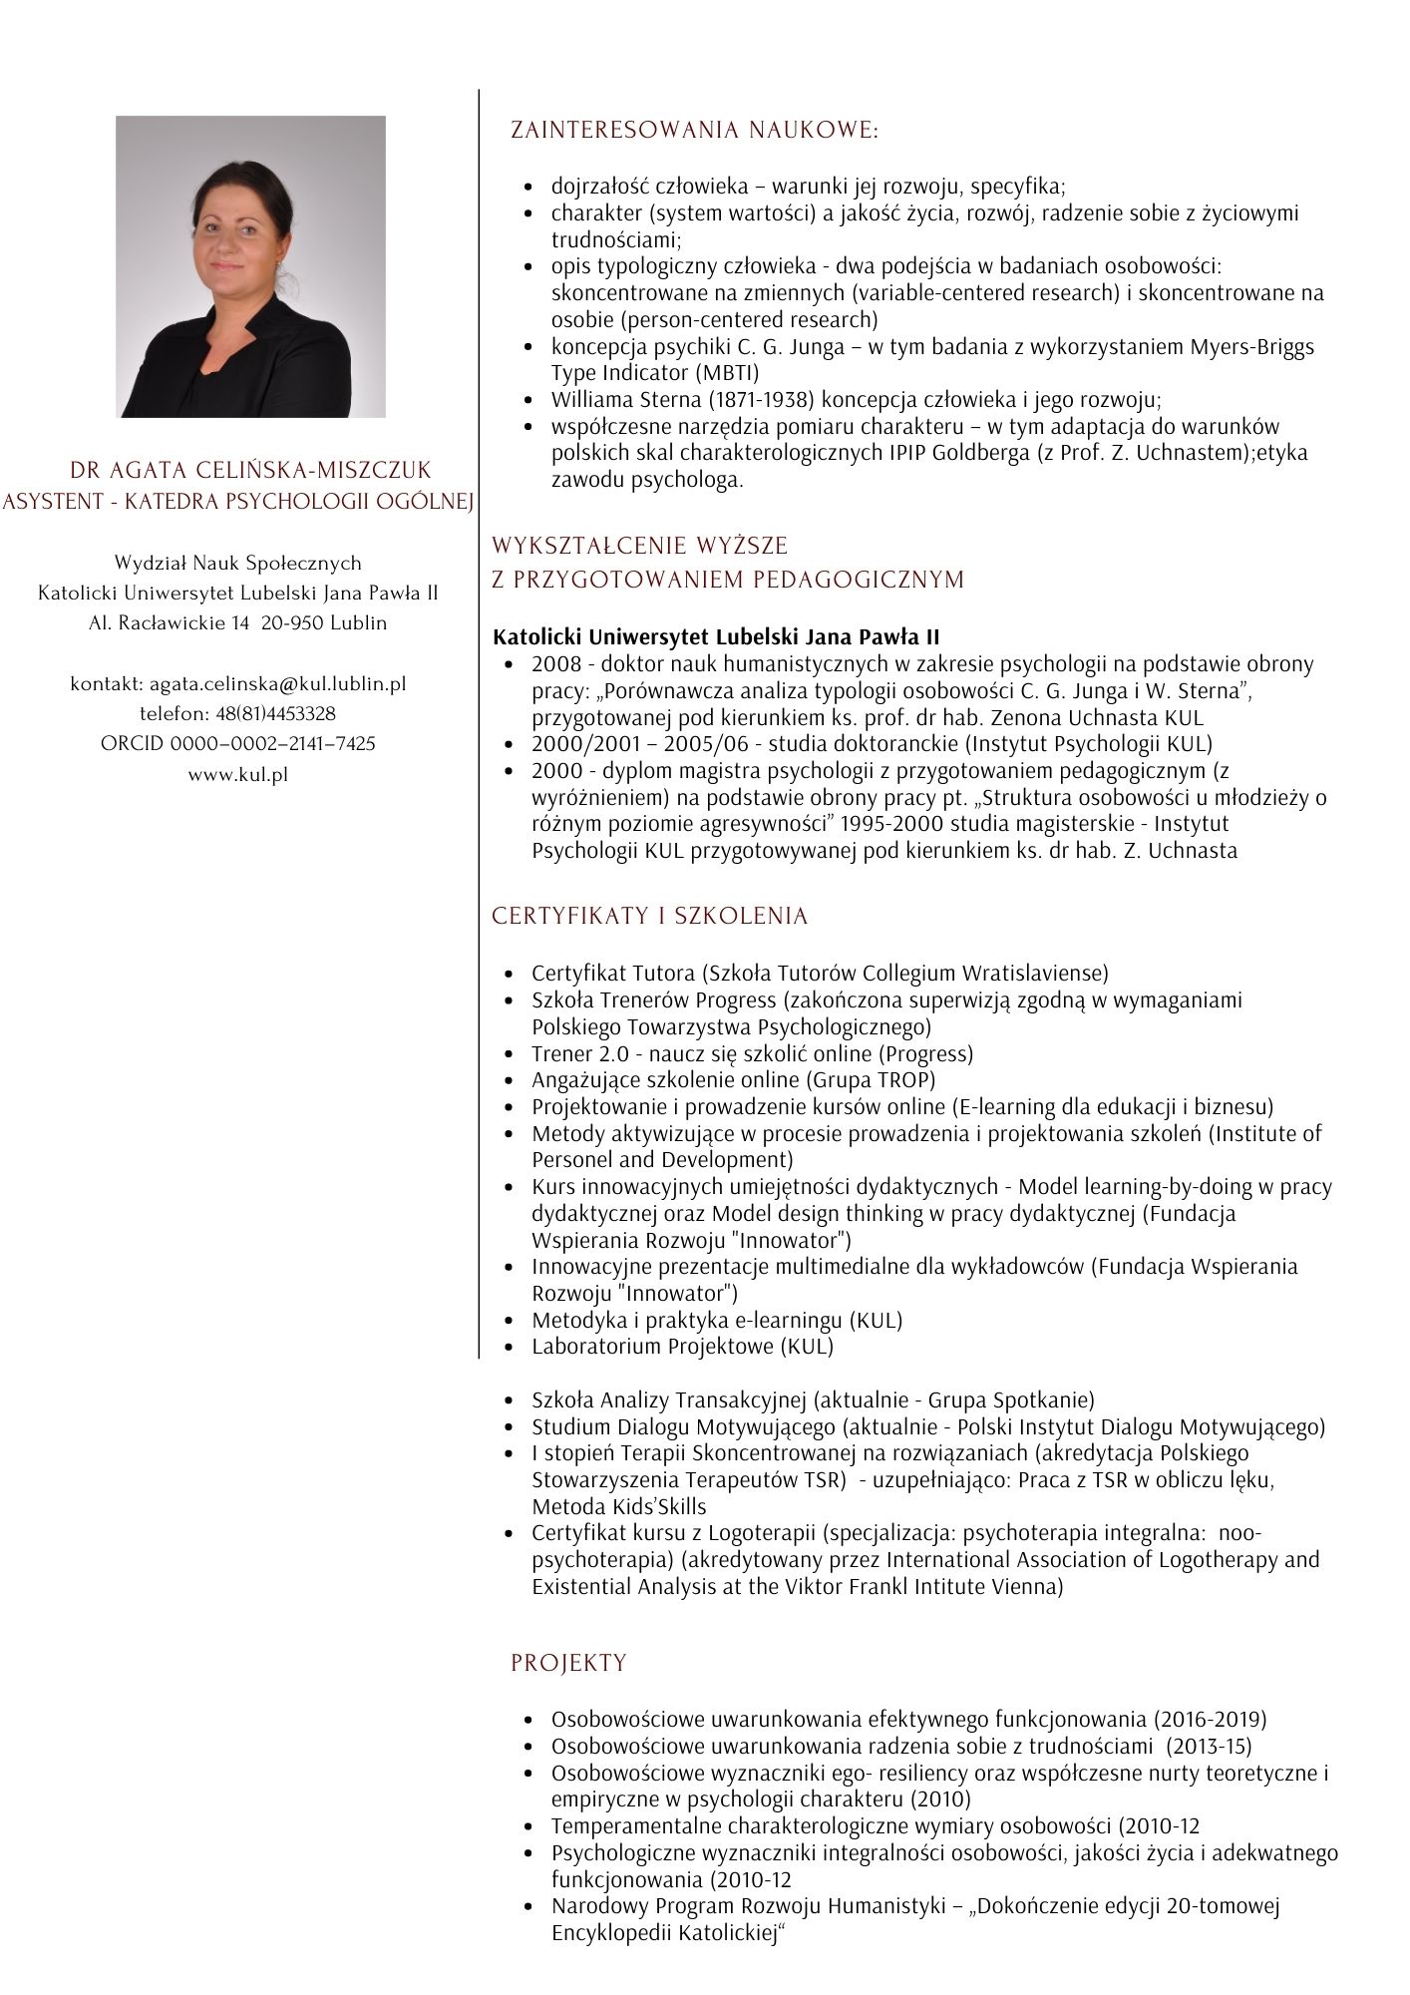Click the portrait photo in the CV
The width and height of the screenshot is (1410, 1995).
[x=250, y=266]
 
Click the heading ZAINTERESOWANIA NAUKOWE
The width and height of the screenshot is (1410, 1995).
[x=694, y=131]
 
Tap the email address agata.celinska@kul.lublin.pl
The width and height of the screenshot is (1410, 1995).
[x=277, y=684]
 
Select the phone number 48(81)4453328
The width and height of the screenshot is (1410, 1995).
[x=275, y=714]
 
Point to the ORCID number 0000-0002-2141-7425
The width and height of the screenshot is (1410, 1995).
[x=272, y=744]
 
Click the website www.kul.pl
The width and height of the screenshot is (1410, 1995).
[x=237, y=774]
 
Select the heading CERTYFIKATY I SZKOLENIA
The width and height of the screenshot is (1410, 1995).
[x=649, y=917]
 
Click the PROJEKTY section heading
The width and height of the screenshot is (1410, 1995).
[x=568, y=1663]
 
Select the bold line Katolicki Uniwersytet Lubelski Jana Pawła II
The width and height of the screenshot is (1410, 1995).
[x=716, y=636]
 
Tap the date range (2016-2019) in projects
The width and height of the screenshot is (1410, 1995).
[x=1210, y=1719]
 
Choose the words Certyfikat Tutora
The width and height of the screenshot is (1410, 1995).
[x=613, y=973]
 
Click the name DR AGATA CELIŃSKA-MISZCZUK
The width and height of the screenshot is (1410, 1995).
[x=250, y=470]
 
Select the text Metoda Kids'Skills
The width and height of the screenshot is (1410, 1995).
[x=618, y=1506]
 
